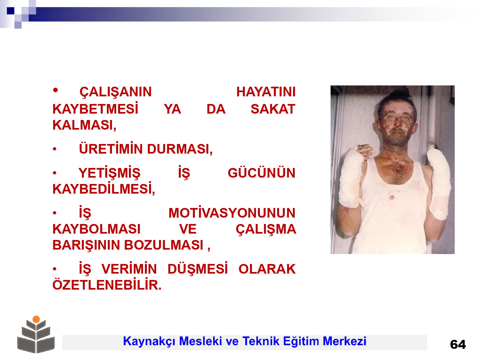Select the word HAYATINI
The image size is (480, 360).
pos(266,92)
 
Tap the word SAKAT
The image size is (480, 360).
pos(273,109)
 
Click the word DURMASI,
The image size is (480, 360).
pos(180,149)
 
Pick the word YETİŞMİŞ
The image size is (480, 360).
pos(109,173)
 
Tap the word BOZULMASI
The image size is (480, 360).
pos(164,245)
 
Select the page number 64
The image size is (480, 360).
pos(458,345)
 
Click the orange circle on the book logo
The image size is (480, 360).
pos(36,319)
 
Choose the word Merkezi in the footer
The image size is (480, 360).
pos(344,341)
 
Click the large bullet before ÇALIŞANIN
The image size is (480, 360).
pos(55,90)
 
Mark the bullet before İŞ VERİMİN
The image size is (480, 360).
pos(55,269)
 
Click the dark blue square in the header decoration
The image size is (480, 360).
pos(11,11)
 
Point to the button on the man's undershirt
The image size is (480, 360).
pos(392,197)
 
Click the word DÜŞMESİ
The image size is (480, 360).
pos(198,269)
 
